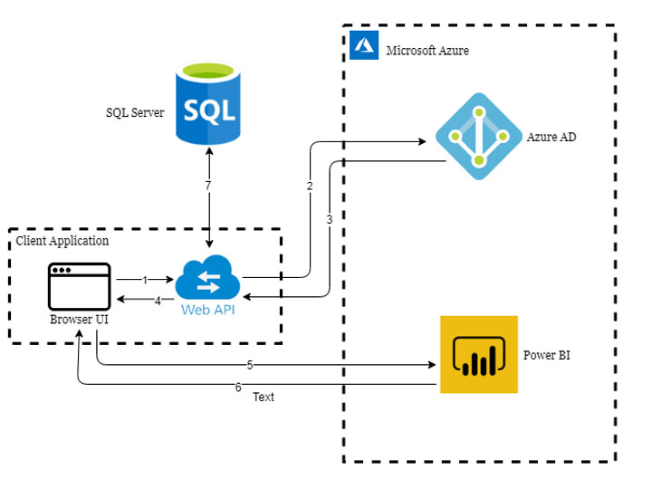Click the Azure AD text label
click(x=551, y=138)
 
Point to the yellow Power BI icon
click(x=479, y=354)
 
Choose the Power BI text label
click(x=547, y=355)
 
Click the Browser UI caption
click(x=80, y=321)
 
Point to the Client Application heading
click(x=62, y=241)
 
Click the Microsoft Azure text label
click(x=427, y=51)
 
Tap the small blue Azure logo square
click(x=364, y=45)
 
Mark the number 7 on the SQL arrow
click(x=210, y=186)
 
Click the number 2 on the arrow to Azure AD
click(x=310, y=187)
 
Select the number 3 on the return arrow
click(x=330, y=219)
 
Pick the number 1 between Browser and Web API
click(x=145, y=281)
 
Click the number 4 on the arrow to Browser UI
click(x=158, y=302)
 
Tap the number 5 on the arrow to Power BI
click(x=249, y=366)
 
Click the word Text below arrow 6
click(x=264, y=397)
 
